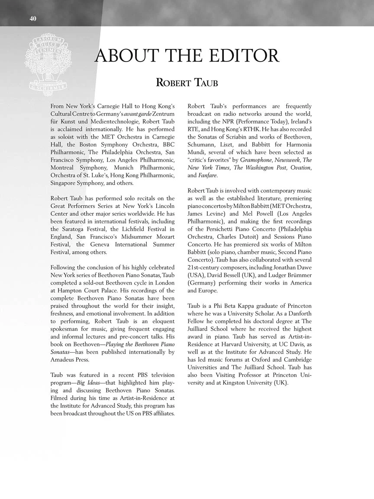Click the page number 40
click(33, 18)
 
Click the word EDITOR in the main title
click(243, 56)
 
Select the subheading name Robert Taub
click(187, 83)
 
